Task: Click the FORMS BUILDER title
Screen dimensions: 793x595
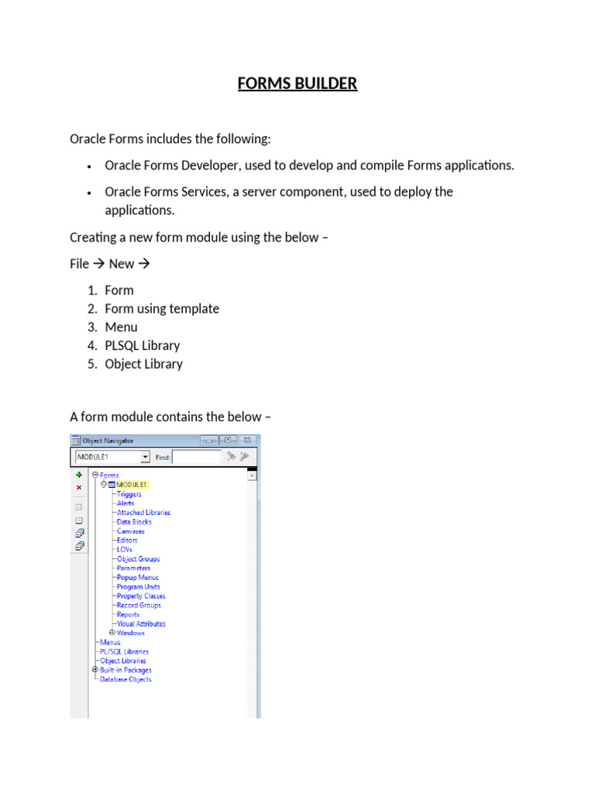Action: tap(297, 83)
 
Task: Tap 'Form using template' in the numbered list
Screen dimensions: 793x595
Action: tap(162, 308)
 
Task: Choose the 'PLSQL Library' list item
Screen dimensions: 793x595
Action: tap(143, 345)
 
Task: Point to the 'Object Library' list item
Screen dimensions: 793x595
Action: tap(144, 364)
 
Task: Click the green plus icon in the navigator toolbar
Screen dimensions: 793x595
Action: tap(79, 475)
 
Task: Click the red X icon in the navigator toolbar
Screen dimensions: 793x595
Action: tap(79, 488)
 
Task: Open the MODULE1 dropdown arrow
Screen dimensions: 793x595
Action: tap(145, 458)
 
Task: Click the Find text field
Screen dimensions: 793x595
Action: tap(196, 458)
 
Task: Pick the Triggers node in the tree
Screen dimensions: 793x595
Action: tap(129, 494)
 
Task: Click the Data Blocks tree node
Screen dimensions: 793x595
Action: tap(134, 522)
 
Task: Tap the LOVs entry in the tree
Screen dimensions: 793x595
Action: tap(124, 550)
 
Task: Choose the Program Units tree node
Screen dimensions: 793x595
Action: tap(138, 587)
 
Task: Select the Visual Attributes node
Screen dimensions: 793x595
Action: tap(140, 623)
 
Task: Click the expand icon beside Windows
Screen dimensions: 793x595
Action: tap(112, 633)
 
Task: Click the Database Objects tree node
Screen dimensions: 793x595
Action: tap(126, 679)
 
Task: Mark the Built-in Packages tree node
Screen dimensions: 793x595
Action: tap(126, 670)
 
